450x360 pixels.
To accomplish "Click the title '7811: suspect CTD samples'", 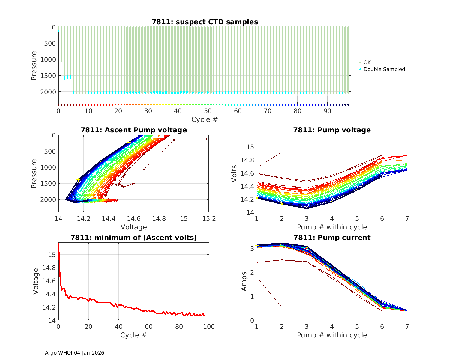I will (205, 22).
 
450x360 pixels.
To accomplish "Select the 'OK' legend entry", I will (367, 62).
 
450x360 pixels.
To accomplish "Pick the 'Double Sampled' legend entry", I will (384, 69).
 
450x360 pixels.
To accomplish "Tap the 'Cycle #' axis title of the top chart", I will (205, 119).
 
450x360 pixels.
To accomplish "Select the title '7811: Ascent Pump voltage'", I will (134, 130).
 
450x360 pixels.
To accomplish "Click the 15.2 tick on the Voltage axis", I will (209, 219).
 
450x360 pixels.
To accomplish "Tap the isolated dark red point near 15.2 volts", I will (206, 139).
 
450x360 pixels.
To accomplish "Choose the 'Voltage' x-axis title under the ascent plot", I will (134, 227).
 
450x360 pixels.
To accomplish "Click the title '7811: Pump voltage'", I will (332, 130).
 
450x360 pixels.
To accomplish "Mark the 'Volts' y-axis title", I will (234, 174).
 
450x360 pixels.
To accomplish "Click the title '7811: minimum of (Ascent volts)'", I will (134, 238).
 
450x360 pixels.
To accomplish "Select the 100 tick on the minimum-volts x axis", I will (209, 327).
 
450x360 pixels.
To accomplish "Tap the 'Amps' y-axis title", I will (244, 281).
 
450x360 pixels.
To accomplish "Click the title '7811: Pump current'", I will (332, 238).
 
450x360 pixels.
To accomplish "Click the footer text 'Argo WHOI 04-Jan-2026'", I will (75, 353).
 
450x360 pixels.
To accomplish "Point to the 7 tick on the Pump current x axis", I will (407, 327).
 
